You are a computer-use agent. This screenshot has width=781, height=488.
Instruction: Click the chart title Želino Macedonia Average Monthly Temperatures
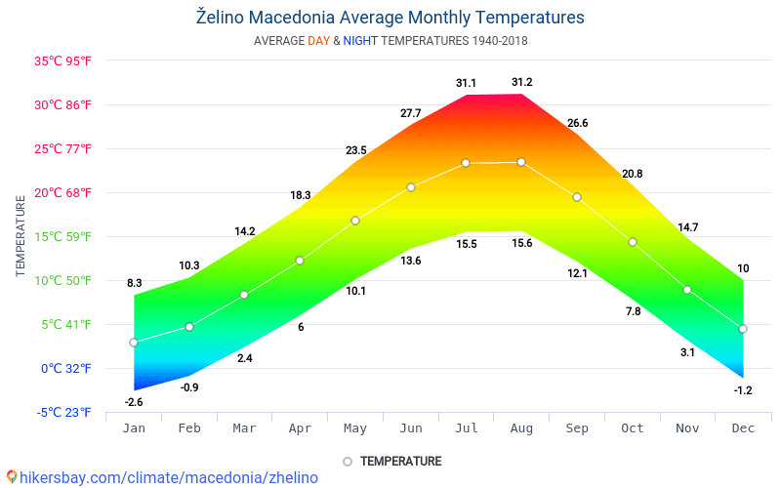coord(390,18)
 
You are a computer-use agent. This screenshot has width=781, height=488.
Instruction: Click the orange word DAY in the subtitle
coord(318,41)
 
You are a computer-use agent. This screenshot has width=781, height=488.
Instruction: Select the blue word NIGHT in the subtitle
coord(360,41)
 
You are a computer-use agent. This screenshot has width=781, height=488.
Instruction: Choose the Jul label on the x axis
coord(466,428)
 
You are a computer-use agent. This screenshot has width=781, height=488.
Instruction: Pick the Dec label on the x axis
coord(743,428)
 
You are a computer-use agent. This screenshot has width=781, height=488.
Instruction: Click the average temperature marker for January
coord(134,343)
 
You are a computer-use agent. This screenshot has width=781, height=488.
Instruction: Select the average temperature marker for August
coord(521,162)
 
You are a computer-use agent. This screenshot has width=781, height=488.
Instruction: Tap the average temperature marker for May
coord(355,221)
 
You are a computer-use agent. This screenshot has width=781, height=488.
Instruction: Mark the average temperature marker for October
coord(633,242)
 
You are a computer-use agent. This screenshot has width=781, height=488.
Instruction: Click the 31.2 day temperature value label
coord(521,82)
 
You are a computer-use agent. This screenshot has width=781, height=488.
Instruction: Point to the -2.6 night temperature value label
coord(134,402)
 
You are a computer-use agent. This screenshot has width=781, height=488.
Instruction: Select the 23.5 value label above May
coord(355,150)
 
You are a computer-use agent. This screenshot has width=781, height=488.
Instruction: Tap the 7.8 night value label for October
coord(633,311)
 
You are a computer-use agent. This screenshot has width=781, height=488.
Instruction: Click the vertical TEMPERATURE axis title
coord(21,236)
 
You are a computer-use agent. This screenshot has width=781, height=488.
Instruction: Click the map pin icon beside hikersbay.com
coord(12,477)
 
